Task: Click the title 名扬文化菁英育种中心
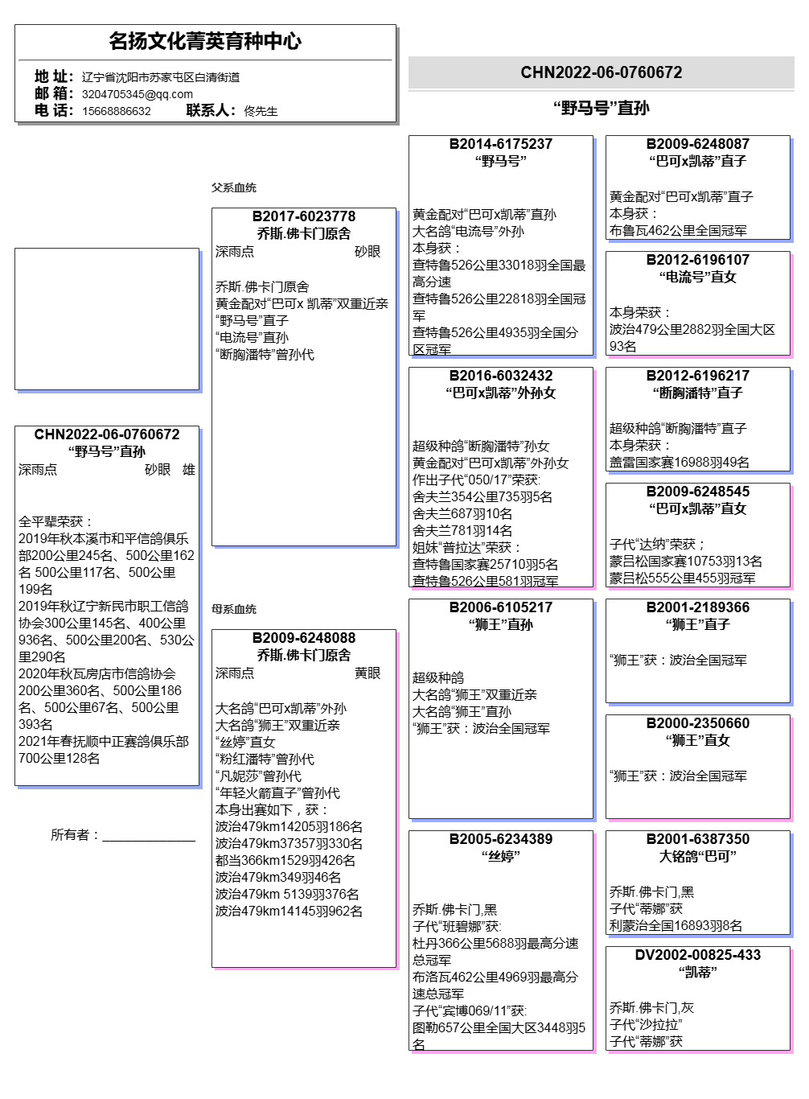click(205, 41)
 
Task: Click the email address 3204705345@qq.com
click(137, 94)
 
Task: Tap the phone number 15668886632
click(116, 111)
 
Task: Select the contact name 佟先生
click(261, 111)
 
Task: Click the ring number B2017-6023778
click(303, 216)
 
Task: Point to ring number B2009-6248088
click(303, 638)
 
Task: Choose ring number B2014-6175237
click(500, 144)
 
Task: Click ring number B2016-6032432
click(500, 376)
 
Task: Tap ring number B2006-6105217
click(500, 607)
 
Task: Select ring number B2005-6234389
click(500, 839)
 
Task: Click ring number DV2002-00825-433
click(697, 955)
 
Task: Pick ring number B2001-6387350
click(697, 839)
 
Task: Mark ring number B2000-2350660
click(697, 723)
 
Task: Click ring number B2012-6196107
click(697, 260)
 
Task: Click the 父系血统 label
click(233, 187)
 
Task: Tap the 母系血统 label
click(233, 609)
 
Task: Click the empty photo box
click(106, 319)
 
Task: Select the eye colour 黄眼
click(367, 673)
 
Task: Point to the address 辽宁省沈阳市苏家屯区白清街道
click(160, 77)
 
